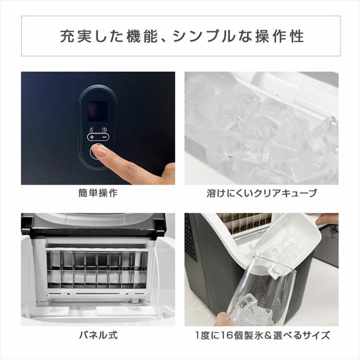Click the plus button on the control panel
tap(92, 137)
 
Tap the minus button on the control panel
tap(104, 137)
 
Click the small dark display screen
tap(98, 111)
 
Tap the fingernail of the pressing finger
tap(99, 151)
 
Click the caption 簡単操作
tap(98, 193)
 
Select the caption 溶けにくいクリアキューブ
tap(262, 193)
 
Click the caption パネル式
tap(98, 335)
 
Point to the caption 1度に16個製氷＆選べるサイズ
tap(262, 335)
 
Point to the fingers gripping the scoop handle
tap(326, 219)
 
